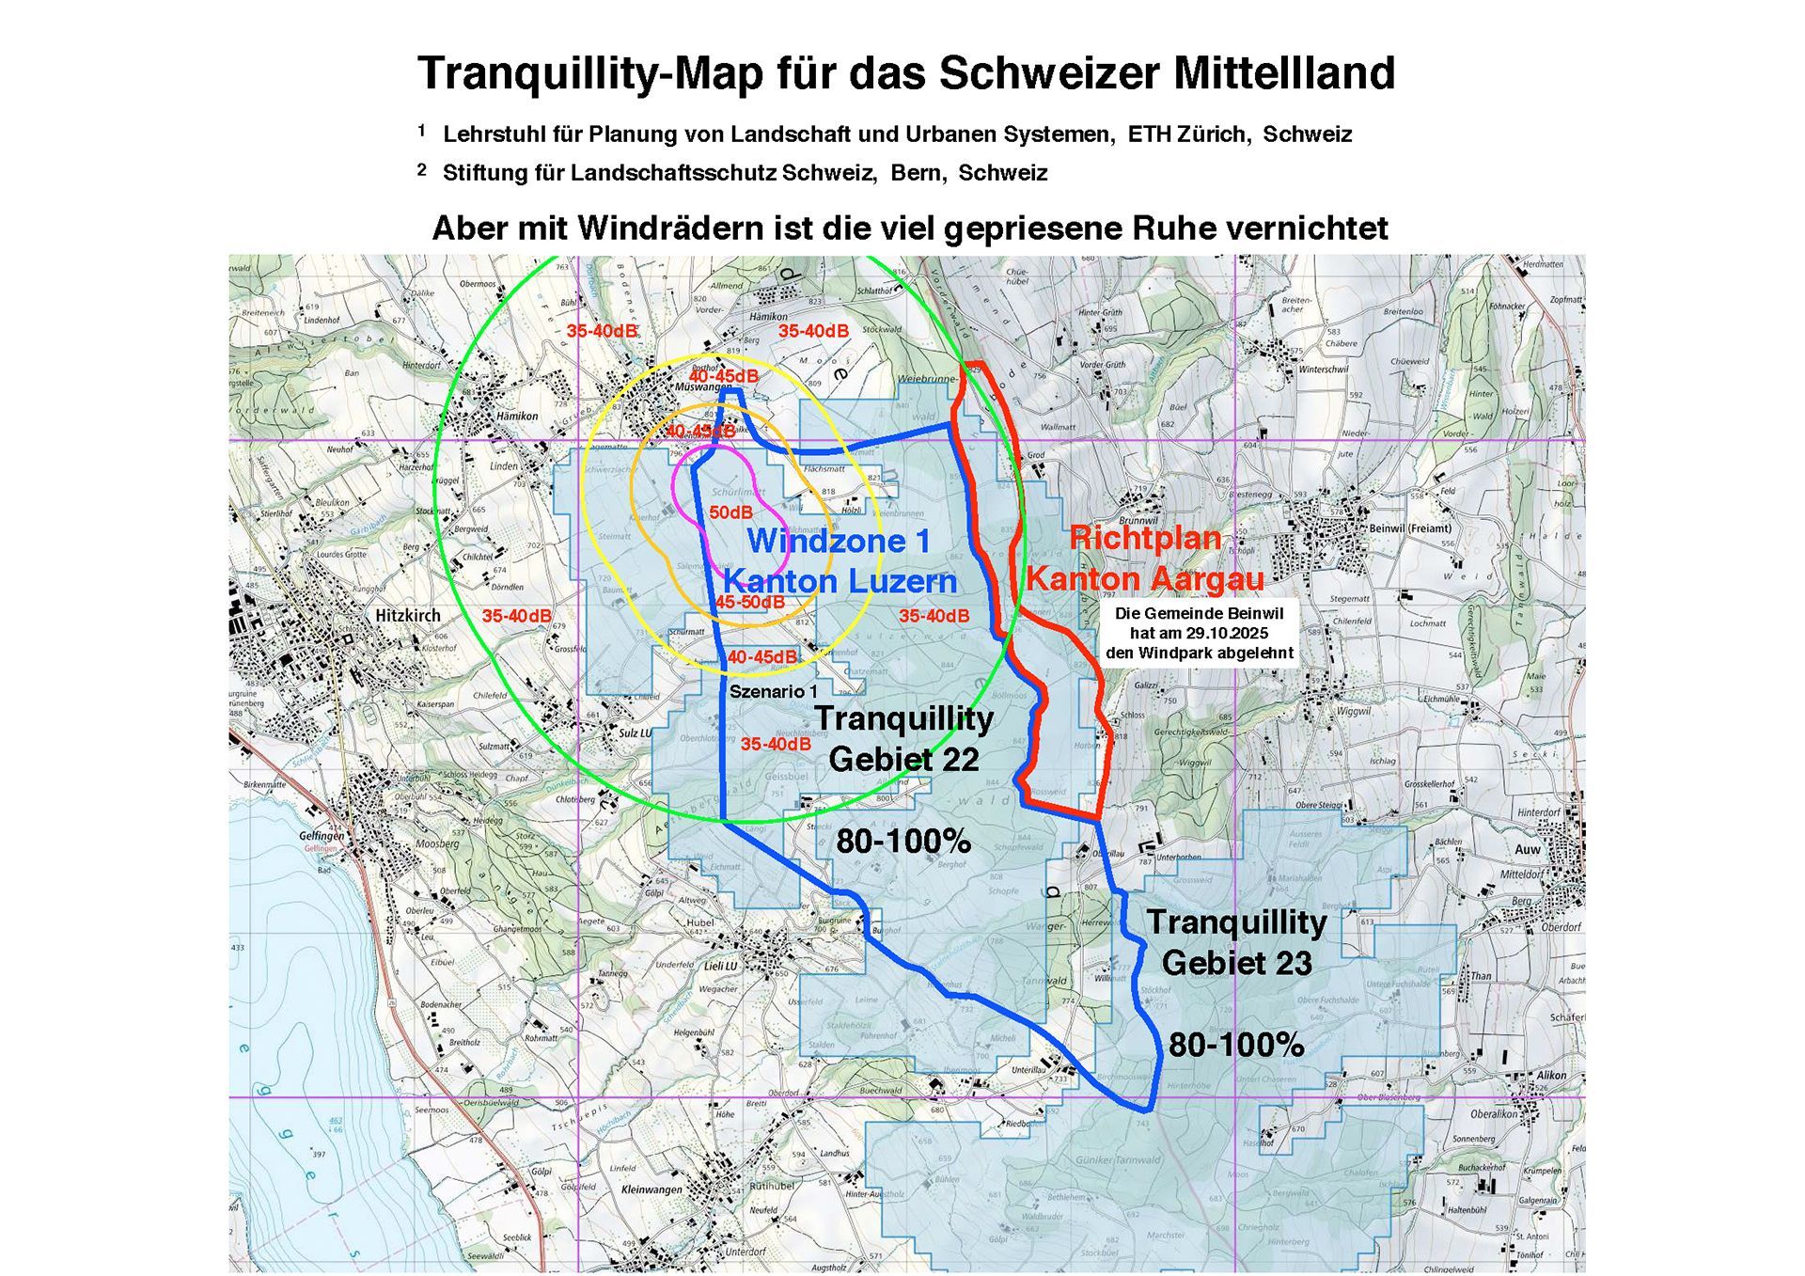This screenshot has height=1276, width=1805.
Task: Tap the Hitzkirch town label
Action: (408, 616)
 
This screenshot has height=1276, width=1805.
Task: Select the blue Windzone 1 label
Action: (839, 541)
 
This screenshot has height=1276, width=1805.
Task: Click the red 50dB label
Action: (730, 512)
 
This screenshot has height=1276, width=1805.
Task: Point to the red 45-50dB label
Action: (749, 602)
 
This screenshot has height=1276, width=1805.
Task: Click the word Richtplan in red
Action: (1145, 538)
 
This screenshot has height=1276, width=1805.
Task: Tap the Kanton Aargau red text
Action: (1145, 578)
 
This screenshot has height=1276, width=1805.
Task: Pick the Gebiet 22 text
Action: (903, 759)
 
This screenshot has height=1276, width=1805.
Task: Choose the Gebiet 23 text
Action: (1236, 963)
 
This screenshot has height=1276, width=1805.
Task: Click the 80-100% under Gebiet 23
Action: (1235, 1045)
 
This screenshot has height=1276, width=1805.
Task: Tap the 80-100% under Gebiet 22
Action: (902, 842)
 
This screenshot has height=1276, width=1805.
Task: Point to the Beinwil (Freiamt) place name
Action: (1410, 528)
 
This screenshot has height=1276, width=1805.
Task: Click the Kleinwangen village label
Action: (651, 1189)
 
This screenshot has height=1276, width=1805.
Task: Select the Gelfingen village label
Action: (322, 836)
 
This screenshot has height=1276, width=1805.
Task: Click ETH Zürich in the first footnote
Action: (1189, 134)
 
